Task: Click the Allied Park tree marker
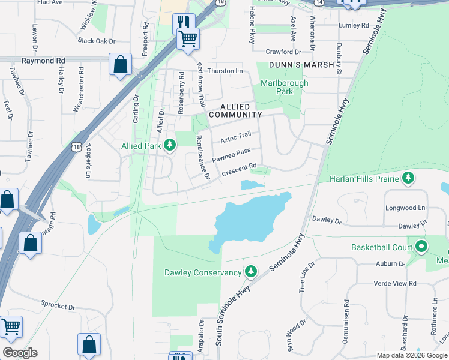(170, 145)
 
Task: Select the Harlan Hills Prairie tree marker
(408, 178)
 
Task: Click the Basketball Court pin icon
(422, 247)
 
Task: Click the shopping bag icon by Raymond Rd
(120, 65)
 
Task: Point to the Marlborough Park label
(284, 87)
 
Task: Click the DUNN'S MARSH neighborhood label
(301, 65)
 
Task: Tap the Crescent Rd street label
(239, 170)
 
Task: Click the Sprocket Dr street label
(58, 305)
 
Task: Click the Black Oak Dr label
(96, 41)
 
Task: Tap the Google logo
(20, 353)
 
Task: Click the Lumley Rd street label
(354, 25)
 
